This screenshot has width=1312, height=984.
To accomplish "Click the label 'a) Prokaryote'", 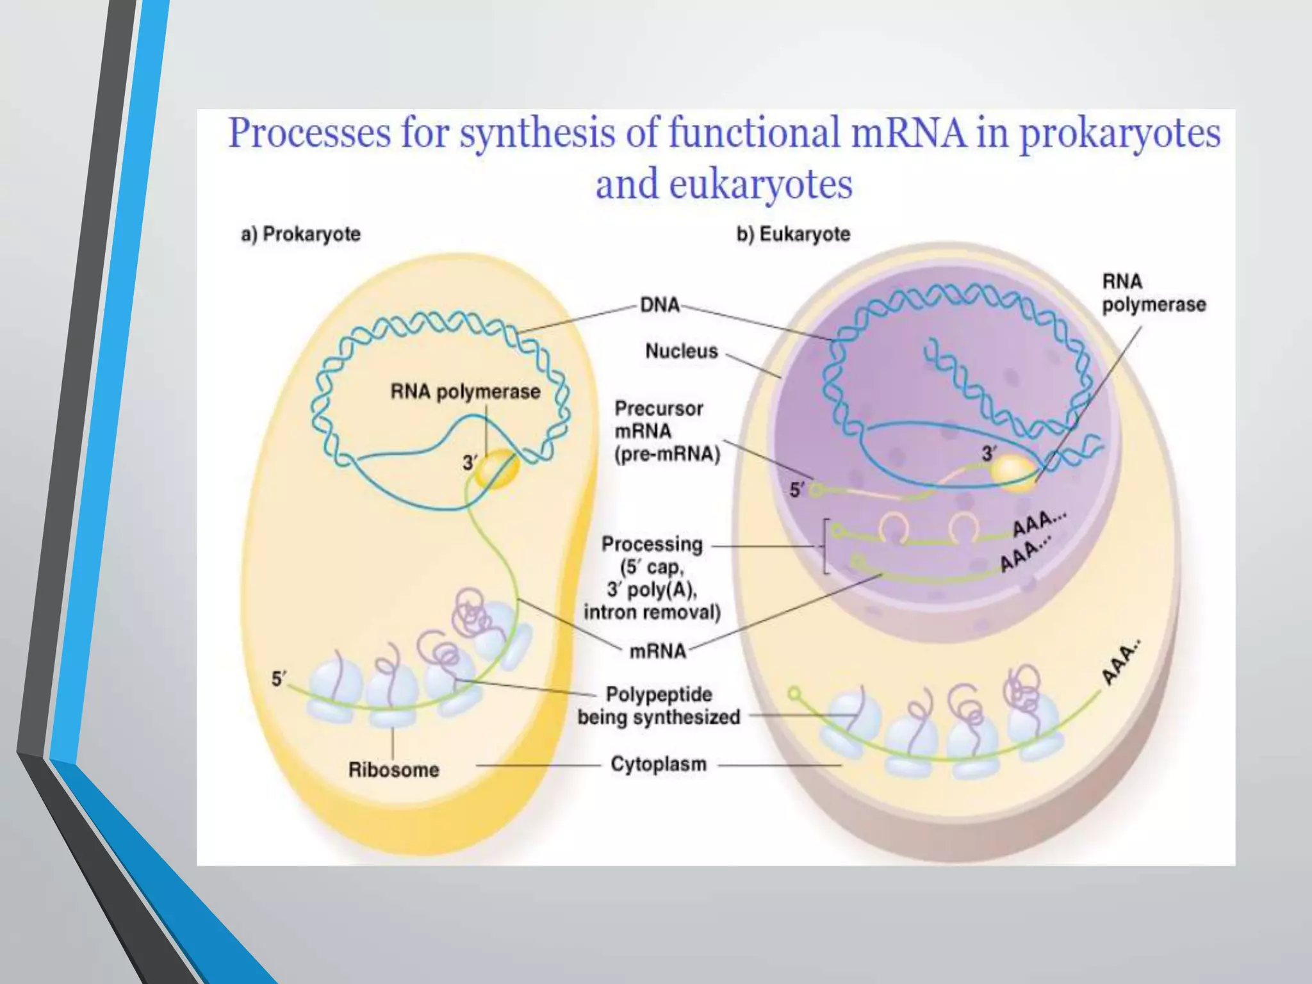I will (x=300, y=234).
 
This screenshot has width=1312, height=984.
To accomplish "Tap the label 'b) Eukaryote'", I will (x=793, y=234).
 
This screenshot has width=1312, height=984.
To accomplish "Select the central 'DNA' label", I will (x=660, y=304).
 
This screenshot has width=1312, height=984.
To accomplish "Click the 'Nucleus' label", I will (x=681, y=351).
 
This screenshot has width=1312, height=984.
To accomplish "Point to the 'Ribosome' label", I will (x=393, y=769).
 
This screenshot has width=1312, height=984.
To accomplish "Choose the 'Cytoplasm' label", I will (x=658, y=764).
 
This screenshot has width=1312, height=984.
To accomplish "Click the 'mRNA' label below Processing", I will (x=657, y=651).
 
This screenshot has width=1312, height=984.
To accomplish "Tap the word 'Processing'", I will (x=652, y=545).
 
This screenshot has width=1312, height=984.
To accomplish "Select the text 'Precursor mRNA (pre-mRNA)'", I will (x=667, y=431).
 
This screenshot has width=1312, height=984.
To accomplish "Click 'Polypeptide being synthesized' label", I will (x=659, y=705).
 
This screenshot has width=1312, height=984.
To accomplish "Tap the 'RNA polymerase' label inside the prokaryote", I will (x=465, y=391).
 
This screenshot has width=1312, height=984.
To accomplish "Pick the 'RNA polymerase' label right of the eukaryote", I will (x=1153, y=293).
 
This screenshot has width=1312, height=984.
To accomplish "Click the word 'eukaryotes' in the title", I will (x=760, y=184).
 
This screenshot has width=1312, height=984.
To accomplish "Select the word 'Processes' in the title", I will (x=309, y=133).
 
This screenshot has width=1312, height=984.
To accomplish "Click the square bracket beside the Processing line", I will (x=826, y=546).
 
